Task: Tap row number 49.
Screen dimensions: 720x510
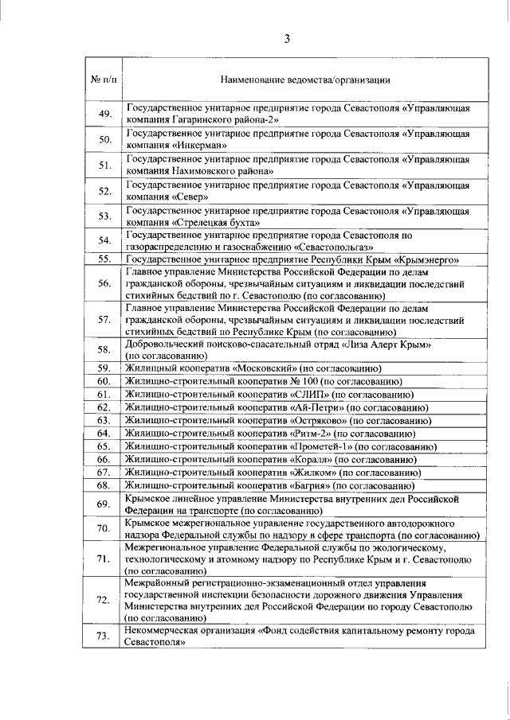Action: coord(104,114)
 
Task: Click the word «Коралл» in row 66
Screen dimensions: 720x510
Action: coord(309,459)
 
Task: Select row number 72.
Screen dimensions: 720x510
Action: coord(104,600)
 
